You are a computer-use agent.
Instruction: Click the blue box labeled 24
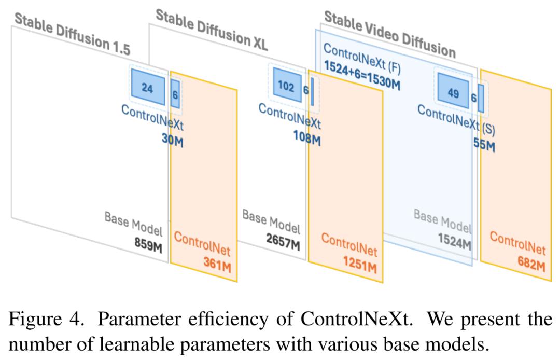pyautogui.click(x=148, y=87)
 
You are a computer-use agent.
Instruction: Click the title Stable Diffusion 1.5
pyautogui.click(x=73, y=34)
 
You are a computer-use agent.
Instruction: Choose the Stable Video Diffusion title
pyautogui.click(x=390, y=34)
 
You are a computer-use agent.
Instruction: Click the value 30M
pyautogui.click(x=173, y=140)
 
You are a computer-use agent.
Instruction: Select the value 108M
pyautogui.click(x=307, y=137)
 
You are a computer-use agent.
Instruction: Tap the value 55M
pyautogui.click(x=484, y=144)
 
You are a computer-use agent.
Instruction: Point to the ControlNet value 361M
pyautogui.click(x=217, y=265)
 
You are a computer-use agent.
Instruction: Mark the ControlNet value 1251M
pyautogui.click(x=360, y=264)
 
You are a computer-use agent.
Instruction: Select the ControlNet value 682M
pyautogui.click(x=531, y=264)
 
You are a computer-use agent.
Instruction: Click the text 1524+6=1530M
pyautogui.click(x=362, y=76)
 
